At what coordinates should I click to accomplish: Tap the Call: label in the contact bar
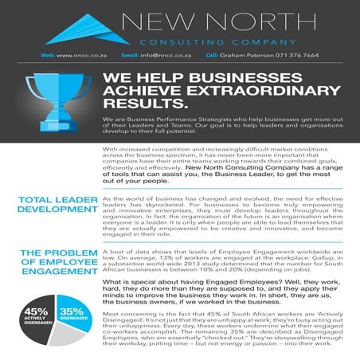tap(212, 55)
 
